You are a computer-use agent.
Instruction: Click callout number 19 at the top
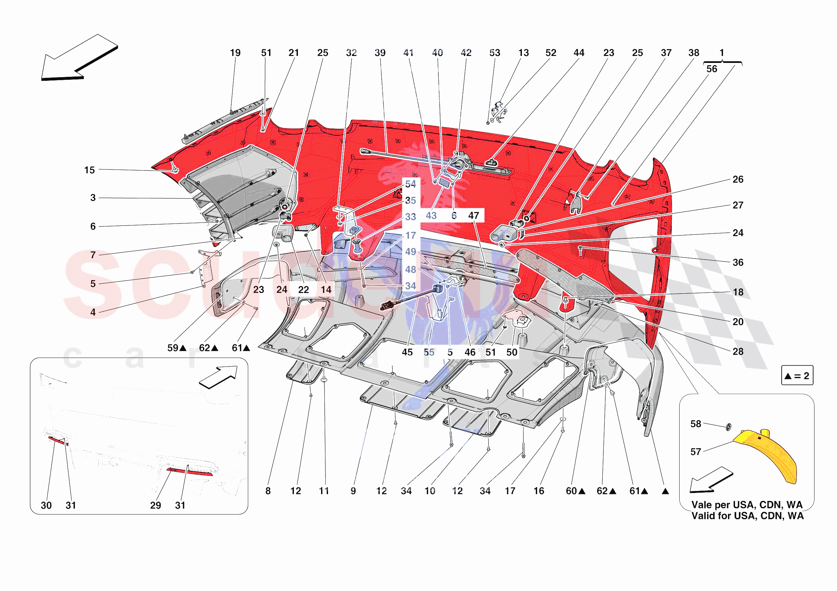235,53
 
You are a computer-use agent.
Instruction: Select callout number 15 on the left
89,170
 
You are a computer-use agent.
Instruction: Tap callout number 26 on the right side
738,179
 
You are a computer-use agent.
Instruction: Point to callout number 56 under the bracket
712,69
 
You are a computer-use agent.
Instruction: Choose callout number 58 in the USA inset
696,424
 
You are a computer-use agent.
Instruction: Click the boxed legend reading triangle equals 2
797,375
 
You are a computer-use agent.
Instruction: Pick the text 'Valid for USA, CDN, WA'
747,516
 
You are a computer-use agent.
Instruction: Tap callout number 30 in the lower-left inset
46,505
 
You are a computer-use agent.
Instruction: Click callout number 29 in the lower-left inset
156,505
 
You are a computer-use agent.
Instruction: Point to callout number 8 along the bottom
268,491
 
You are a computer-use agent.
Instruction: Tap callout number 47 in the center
474,216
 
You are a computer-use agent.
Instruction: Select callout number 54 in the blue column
411,184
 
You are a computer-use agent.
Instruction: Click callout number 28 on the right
738,351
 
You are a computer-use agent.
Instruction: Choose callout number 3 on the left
93,198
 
